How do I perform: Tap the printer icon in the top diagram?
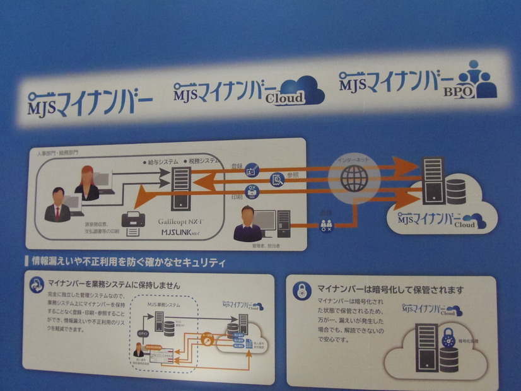point(134,223)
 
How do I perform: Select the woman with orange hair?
point(86,184)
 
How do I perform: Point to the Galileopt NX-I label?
point(184,214)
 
